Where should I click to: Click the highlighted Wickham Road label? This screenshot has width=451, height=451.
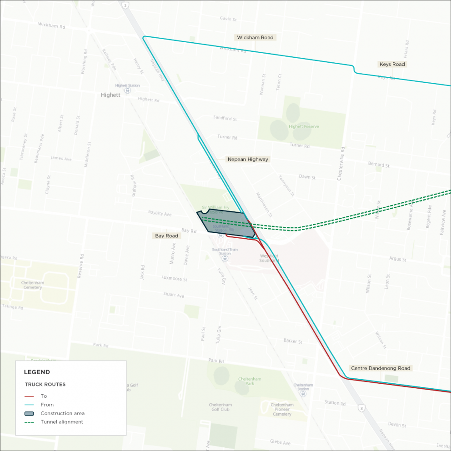(x=255, y=38)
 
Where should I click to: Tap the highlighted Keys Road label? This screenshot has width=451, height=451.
(x=392, y=65)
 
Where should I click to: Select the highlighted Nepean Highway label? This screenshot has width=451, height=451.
(x=248, y=160)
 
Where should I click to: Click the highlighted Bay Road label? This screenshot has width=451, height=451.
(x=166, y=236)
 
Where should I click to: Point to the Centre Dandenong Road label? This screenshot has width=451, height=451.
(x=380, y=368)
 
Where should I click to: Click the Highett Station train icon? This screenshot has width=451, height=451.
(x=127, y=90)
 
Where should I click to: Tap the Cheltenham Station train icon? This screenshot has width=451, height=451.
(x=303, y=394)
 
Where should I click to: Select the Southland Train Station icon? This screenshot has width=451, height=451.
(x=224, y=258)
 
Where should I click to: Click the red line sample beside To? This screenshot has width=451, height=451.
(x=29, y=396)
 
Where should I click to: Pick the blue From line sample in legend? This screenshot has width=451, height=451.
(x=29, y=405)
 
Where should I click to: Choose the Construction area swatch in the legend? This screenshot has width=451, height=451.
(x=29, y=413)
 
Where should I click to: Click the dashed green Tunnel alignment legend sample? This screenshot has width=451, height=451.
(x=29, y=422)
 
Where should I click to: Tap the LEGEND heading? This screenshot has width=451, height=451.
(x=37, y=372)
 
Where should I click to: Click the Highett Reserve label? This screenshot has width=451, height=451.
(x=304, y=126)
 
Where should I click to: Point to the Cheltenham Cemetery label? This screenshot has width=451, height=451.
(x=32, y=285)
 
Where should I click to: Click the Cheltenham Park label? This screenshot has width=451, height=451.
(x=250, y=381)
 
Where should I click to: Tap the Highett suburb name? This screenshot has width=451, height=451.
(x=110, y=95)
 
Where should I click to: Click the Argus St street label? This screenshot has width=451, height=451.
(x=398, y=259)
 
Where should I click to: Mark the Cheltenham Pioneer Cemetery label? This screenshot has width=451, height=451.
(x=282, y=410)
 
